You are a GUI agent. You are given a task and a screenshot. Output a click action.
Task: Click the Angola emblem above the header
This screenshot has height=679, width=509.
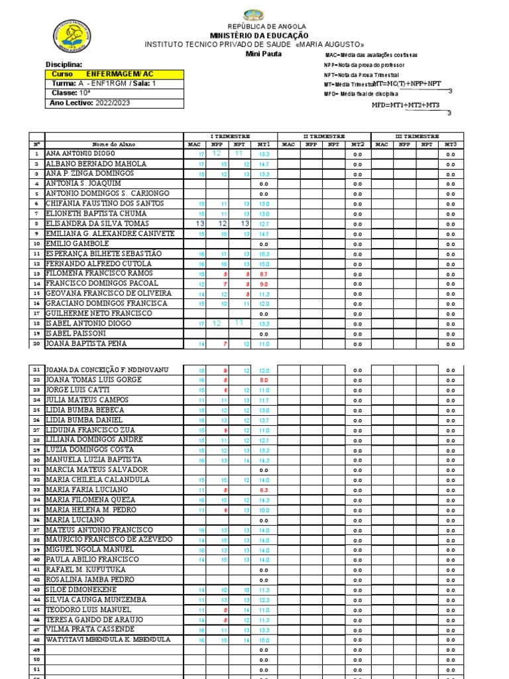tap(253, 15)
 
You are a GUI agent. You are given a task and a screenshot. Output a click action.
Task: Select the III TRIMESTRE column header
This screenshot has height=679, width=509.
tap(417, 135)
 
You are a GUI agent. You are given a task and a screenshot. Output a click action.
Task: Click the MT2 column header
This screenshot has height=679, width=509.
tap(357, 143)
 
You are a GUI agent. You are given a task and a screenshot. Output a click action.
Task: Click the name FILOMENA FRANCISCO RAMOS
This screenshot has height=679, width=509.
tap(99, 273)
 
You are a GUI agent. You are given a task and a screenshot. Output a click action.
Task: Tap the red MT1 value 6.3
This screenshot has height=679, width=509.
tap(264, 490)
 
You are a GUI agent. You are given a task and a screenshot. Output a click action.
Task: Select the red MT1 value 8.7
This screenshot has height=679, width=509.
tap(264, 274)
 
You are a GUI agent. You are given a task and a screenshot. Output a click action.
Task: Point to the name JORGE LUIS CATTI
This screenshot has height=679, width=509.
tap(78, 390)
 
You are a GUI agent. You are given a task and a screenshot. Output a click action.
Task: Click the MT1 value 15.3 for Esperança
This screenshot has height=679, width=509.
tap(264, 254)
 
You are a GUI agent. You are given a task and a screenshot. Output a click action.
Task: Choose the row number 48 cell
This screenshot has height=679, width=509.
tap(37, 640)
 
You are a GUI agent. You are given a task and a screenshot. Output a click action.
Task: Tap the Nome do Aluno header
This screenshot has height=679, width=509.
tap(113, 143)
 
